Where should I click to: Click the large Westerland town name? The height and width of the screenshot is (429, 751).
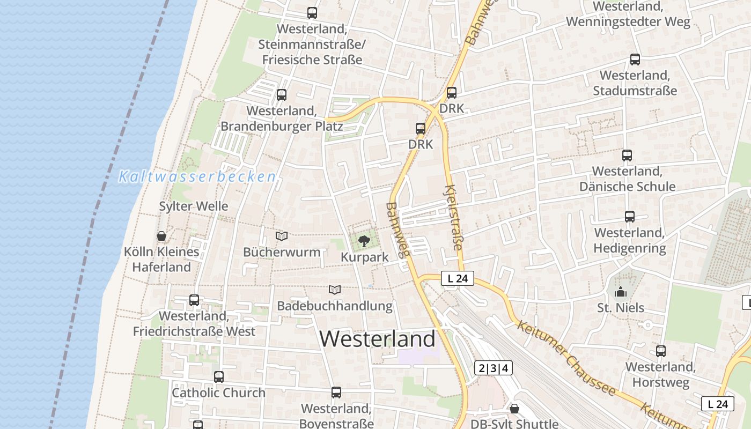[378, 339]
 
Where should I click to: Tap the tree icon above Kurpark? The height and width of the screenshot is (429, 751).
[364, 240]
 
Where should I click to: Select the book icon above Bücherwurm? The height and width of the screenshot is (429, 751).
[282, 236]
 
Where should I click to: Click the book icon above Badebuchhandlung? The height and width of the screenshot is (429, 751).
[335, 290]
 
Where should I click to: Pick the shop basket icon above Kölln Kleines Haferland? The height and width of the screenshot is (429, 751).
[161, 236]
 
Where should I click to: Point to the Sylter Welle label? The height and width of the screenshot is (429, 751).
[193, 206]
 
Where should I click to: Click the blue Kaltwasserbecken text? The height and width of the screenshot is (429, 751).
[197, 176]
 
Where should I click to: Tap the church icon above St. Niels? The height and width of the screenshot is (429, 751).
[621, 292]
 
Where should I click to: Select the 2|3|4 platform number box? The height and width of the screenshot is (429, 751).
[493, 368]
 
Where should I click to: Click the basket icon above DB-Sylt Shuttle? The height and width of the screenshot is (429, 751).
[514, 409]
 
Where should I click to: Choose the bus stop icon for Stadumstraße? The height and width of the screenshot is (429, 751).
[635, 60]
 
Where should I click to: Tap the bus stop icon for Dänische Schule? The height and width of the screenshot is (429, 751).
[627, 156]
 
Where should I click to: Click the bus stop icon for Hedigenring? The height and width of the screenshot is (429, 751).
[630, 217]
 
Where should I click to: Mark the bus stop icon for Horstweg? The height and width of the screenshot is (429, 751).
[661, 351]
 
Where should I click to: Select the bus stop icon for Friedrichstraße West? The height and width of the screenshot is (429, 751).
[194, 300]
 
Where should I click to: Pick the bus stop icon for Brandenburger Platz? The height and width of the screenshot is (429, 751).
[282, 95]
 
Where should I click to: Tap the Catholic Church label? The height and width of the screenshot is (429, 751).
[218, 393]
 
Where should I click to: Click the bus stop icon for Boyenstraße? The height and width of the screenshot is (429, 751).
[336, 393]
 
